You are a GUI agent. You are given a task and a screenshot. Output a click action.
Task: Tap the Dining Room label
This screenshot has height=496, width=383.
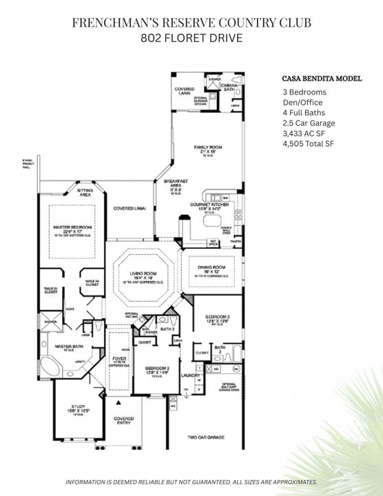211,269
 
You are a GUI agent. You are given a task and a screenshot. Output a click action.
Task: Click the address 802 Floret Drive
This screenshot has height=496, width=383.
191,38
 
